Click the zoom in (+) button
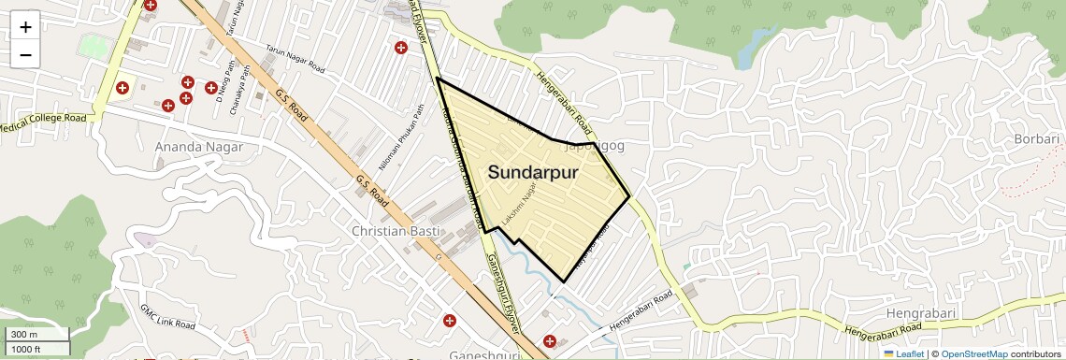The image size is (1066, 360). [25, 27]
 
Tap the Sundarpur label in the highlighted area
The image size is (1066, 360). [533, 173]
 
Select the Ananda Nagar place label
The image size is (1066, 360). [198, 147]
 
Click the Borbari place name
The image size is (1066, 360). [1036, 139]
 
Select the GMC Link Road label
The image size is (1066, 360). [167, 316]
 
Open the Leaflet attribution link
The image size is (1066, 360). [903, 354]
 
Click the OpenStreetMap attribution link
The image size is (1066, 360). [974, 354]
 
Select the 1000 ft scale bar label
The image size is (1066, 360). [26, 349]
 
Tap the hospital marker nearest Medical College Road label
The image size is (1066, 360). [122, 88]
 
